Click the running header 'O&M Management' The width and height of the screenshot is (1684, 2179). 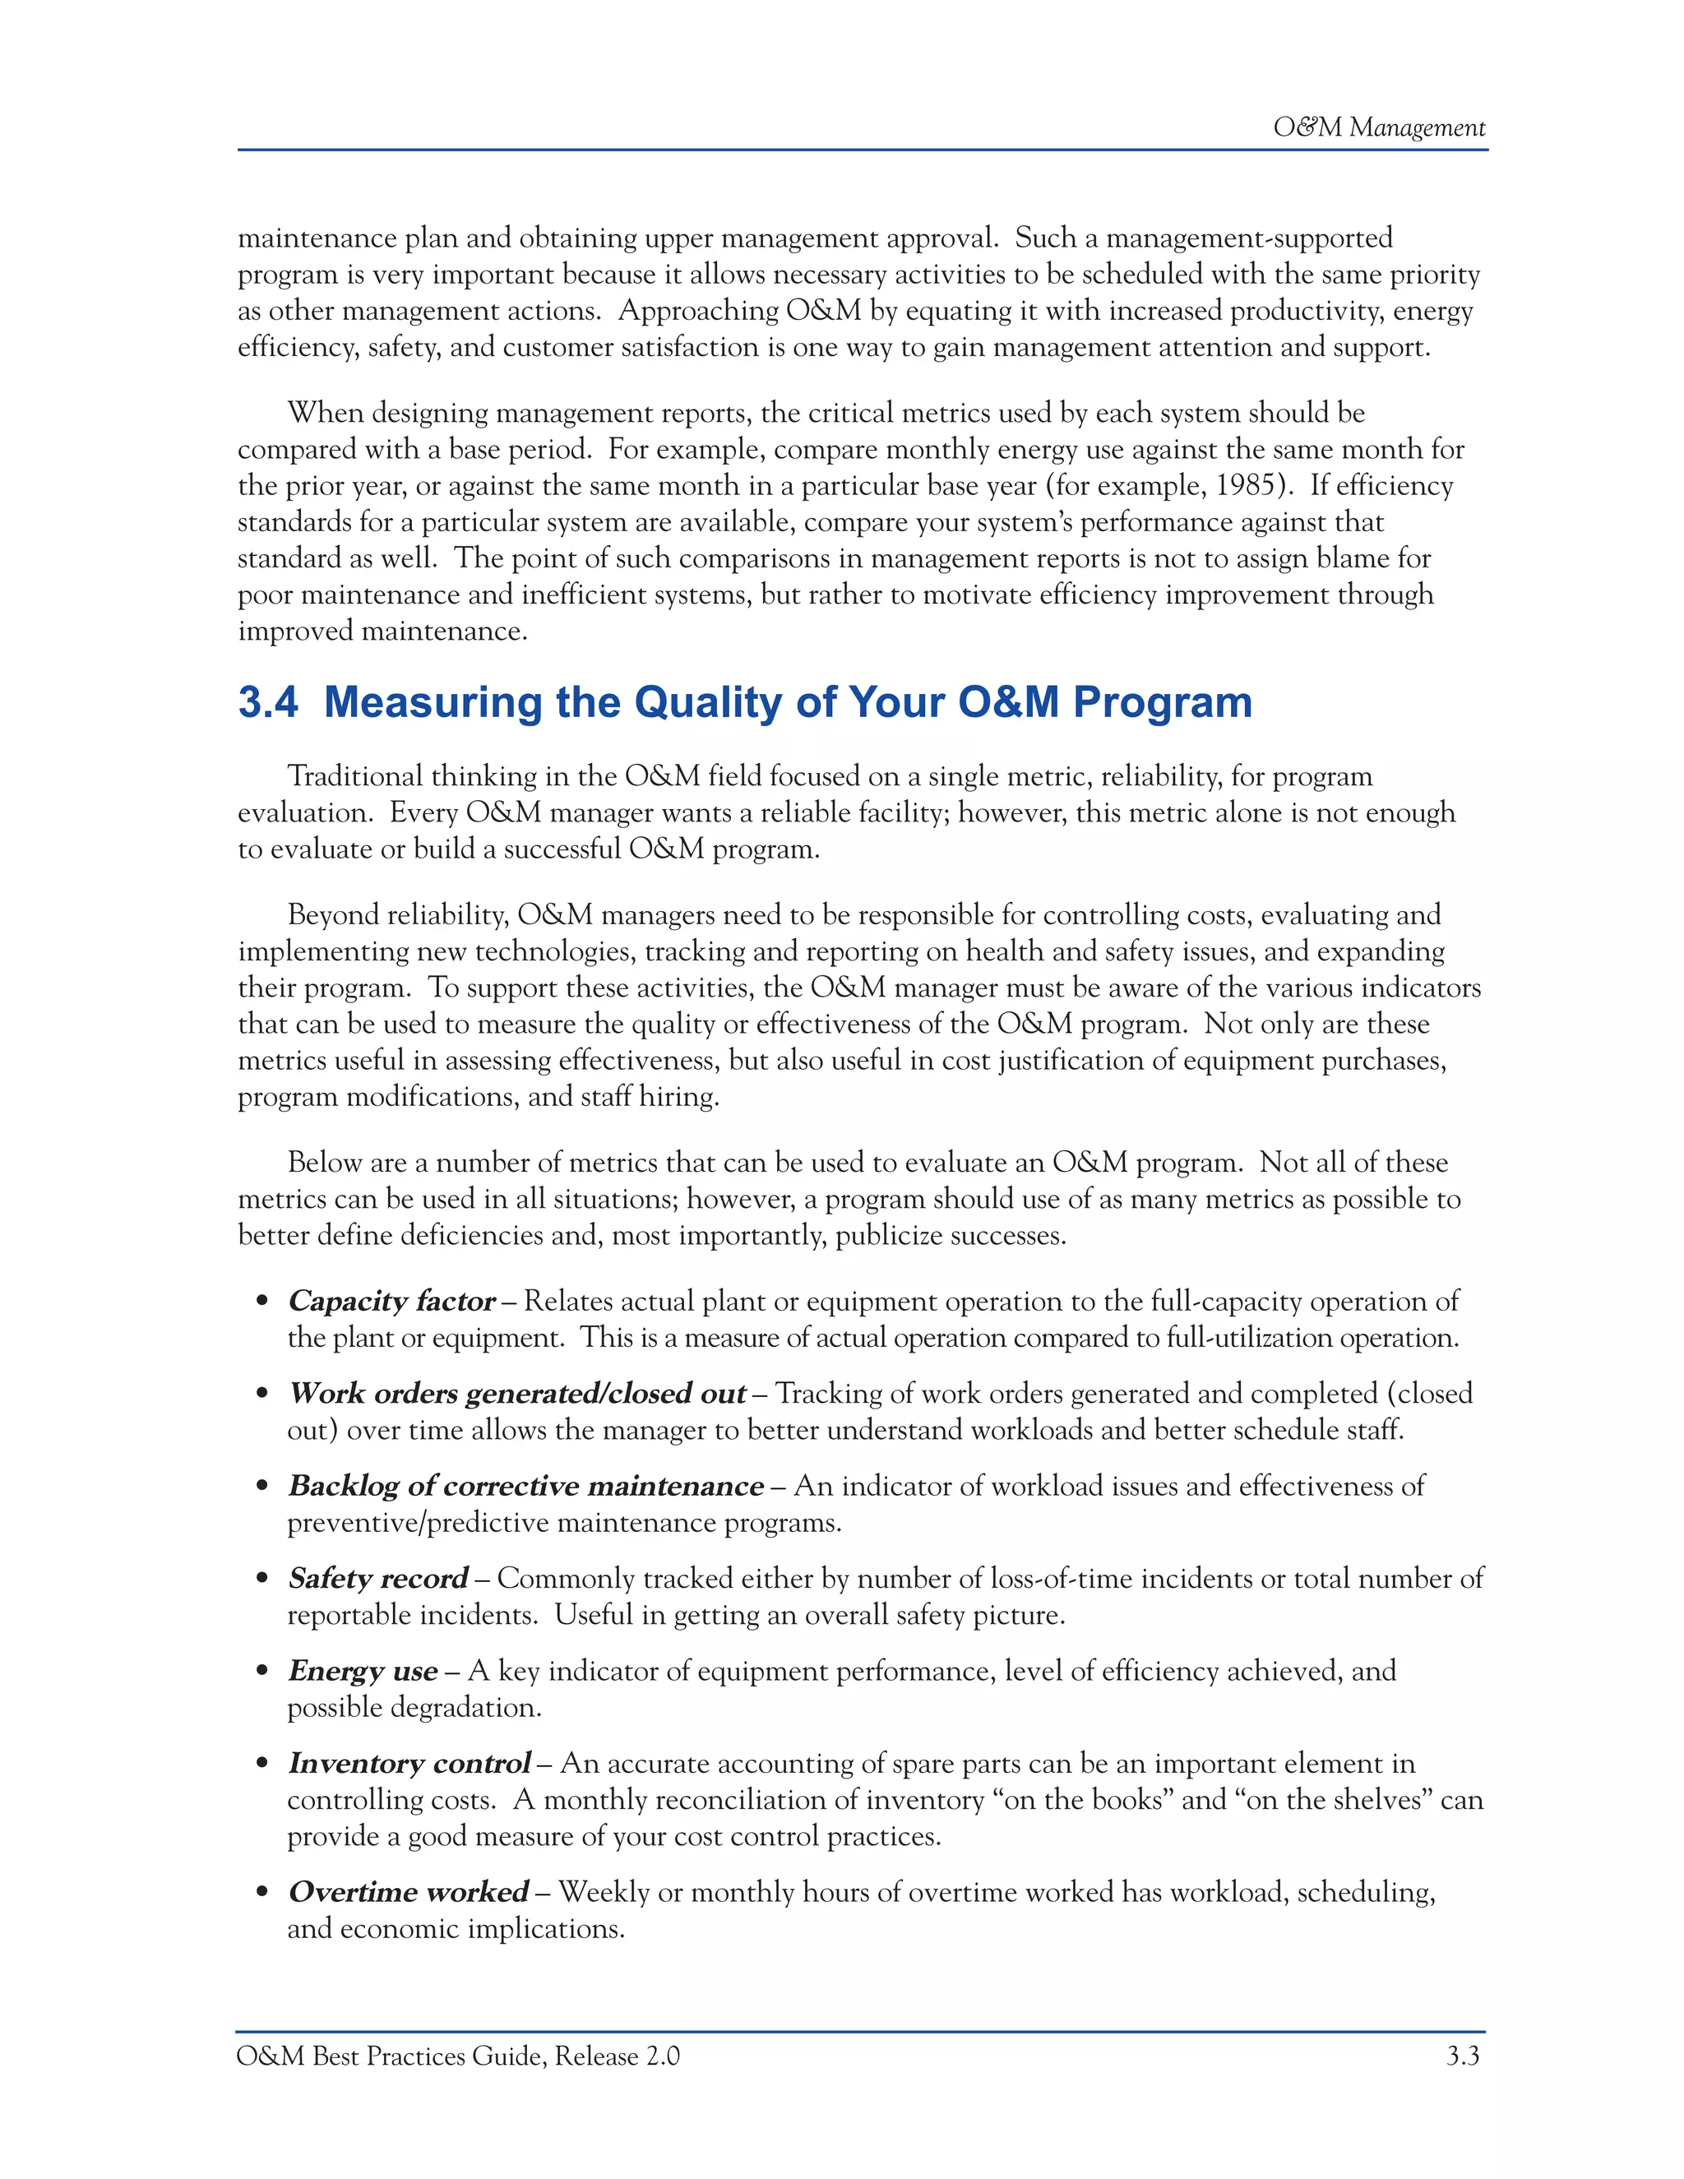[x=1378, y=127]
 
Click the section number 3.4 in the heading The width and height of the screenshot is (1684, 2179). [x=267, y=702]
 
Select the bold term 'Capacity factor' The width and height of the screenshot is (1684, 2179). [x=391, y=1301]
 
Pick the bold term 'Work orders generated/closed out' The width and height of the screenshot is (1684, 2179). [x=516, y=1394]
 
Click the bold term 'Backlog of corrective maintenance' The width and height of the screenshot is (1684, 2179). [x=525, y=1487]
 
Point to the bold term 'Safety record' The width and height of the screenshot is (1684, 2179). [x=377, y=1579]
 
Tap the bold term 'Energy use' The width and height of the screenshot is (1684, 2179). [x=362, y=1671]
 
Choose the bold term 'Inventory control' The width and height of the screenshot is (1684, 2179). [x=409, y=1764]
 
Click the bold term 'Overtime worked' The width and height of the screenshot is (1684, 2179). [x=408, y=1893]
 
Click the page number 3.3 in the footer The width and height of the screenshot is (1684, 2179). [x=1463, y=2056]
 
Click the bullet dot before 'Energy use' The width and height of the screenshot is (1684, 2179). [x=262, y=1672]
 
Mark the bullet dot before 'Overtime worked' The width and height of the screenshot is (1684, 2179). [x=262, y=1894]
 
